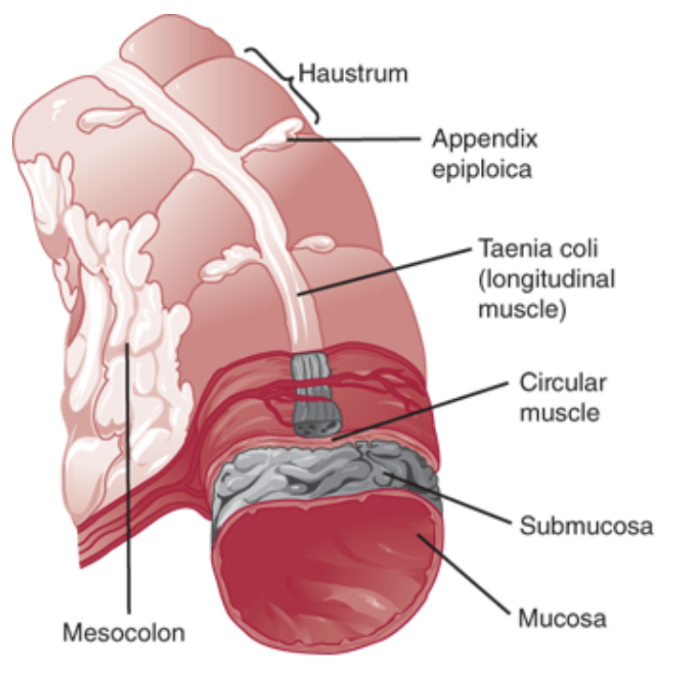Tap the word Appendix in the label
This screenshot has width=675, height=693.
pos(485,140)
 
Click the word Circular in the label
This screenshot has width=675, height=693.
pos(563,383)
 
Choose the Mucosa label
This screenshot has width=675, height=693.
pos(562,618)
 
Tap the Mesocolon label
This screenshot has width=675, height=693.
pos(125,632)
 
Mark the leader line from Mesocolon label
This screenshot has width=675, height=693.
pos(128,487)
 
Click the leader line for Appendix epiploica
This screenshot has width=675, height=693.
pos(366,139)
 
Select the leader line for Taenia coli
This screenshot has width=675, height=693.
pos(394,272)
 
